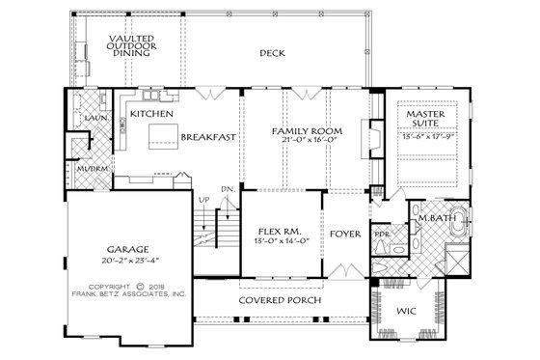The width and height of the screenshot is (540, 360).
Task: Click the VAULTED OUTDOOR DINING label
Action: click(x=128, y=44)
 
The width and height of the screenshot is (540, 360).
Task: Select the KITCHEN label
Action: click(x=151, y=115)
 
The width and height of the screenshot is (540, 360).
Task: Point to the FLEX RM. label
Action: click(x=281, y=232)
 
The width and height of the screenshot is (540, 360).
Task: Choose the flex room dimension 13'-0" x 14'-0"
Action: click(x=281, y=242)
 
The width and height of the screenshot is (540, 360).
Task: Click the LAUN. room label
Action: click(x=94, y=118)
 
